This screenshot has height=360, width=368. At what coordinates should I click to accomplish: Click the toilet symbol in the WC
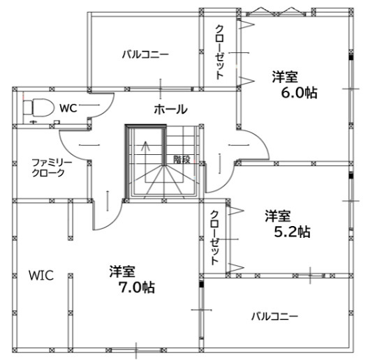(x=38, y=107)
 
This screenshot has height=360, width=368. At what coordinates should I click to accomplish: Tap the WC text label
(x=68, y=108)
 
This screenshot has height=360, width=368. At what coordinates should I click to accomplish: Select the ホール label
(x=170, y=110)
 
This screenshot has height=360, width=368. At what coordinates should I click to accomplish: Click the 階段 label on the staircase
(x=182, y=160)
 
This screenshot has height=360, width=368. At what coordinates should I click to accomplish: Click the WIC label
(x=41, y=276)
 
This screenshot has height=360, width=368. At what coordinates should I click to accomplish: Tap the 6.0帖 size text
(x=300, y=93)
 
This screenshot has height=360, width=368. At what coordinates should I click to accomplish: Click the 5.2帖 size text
(x=292, y=232)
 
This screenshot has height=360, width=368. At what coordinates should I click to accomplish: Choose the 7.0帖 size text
(x=137, y=287)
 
